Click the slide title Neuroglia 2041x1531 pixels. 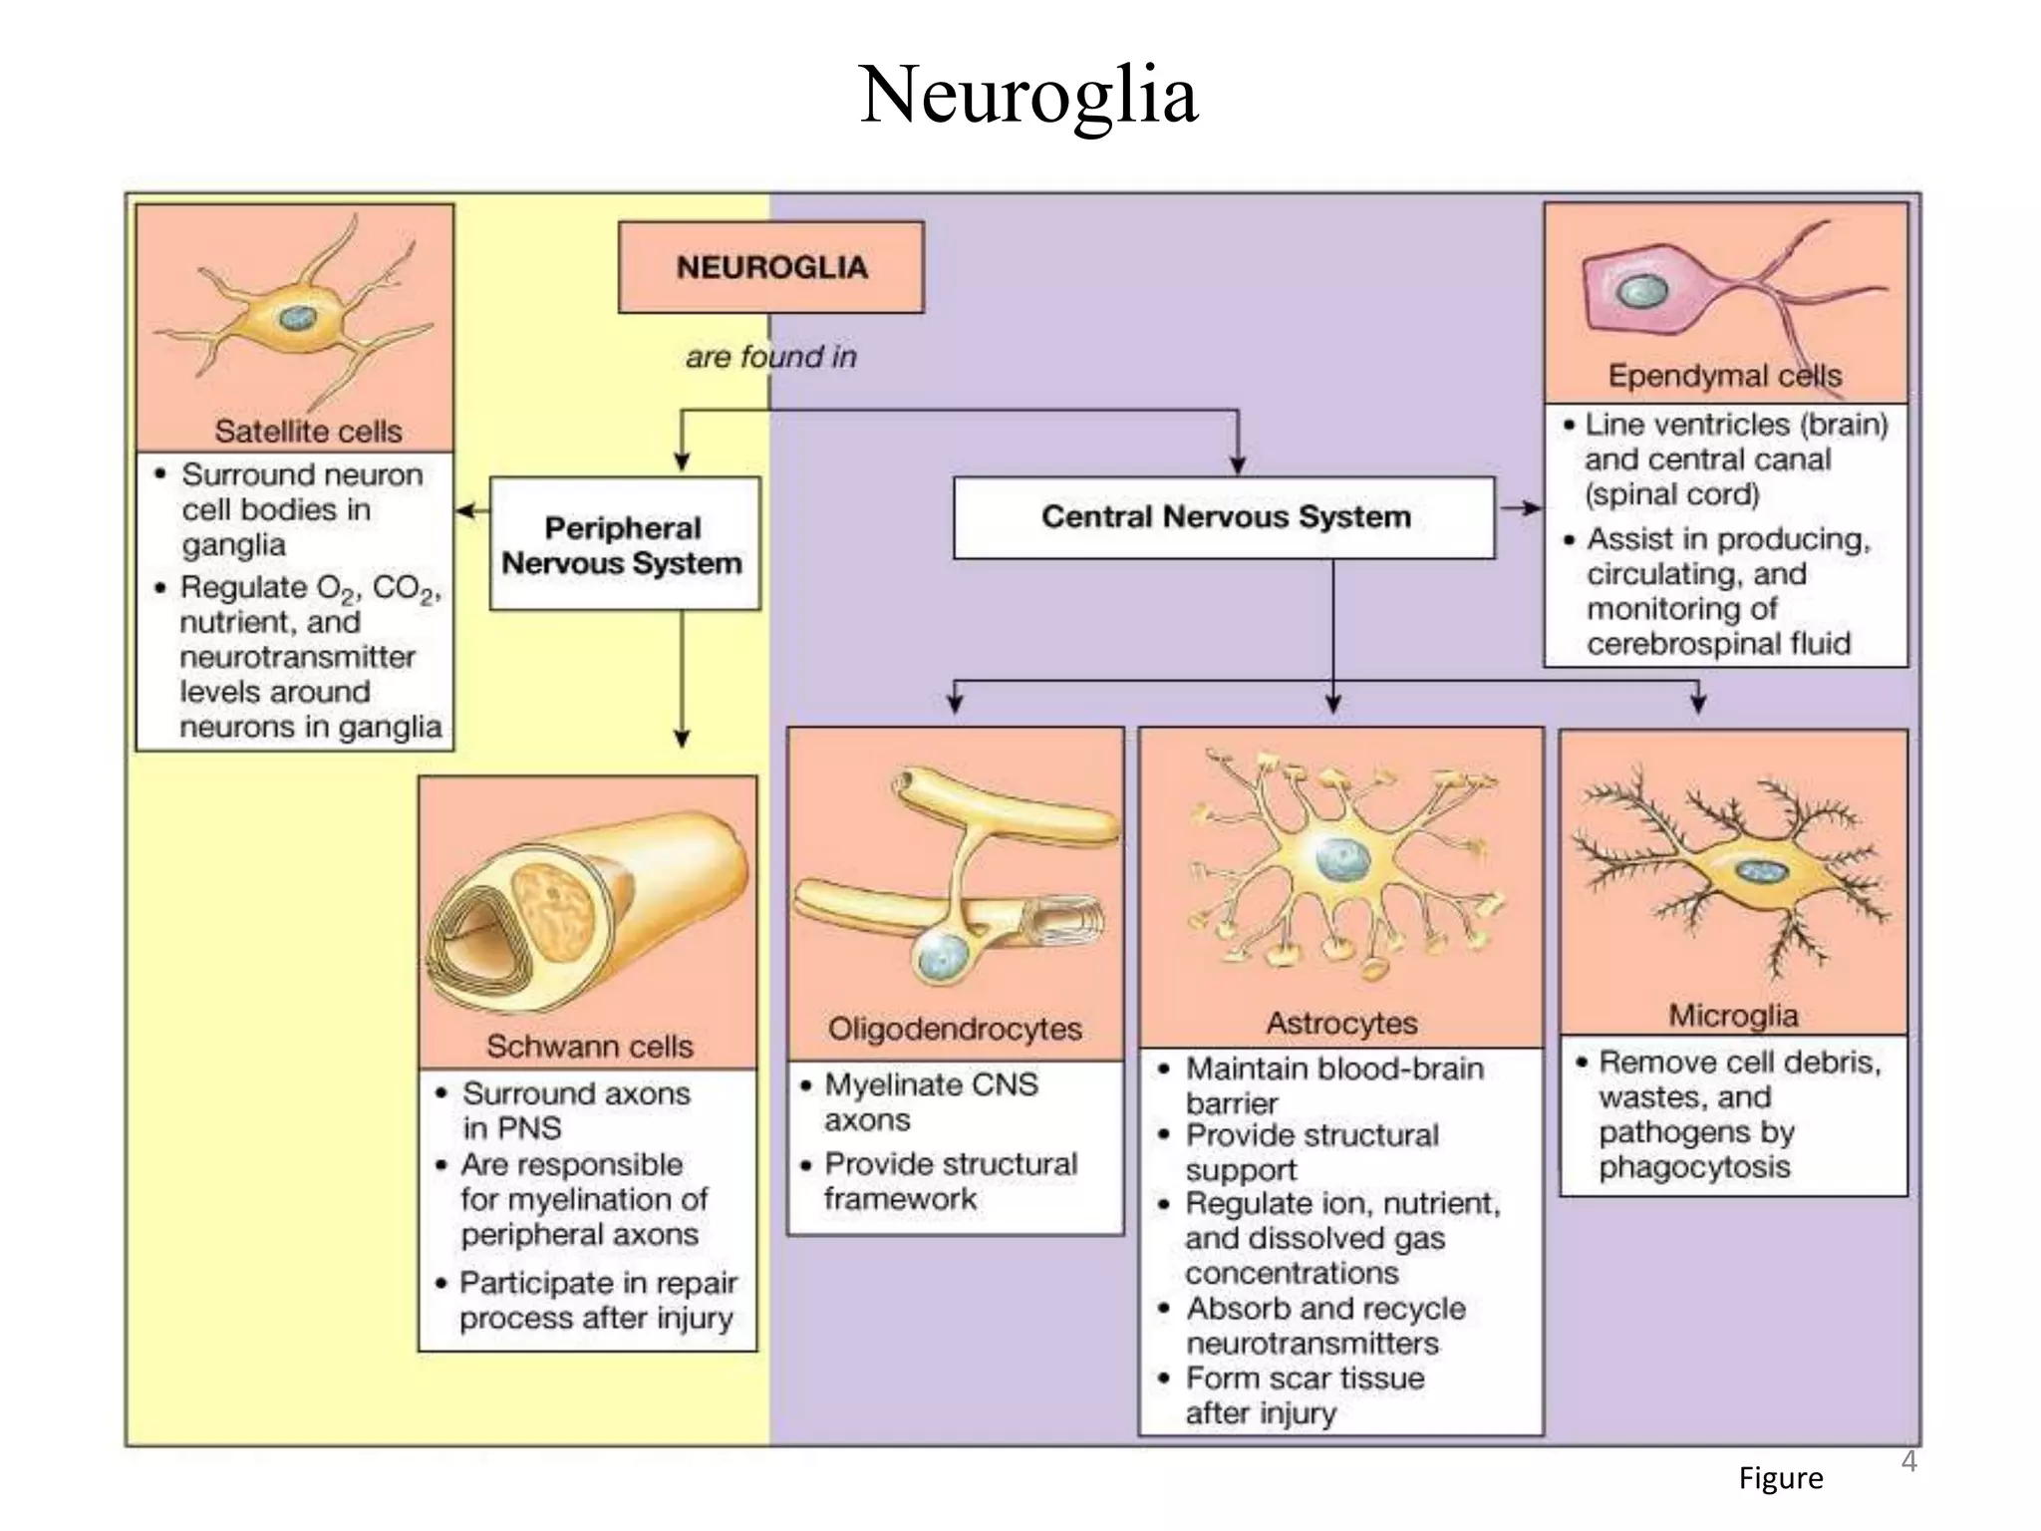(1028, 95)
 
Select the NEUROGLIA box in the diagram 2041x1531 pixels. (770, 267)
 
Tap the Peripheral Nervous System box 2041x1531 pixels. (624, 544)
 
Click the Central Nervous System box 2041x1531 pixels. (1225, 517)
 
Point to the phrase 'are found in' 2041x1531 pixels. (770, 357)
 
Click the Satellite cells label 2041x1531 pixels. (308, 432)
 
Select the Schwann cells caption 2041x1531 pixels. (589, 1046)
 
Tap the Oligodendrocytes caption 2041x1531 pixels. (954, 1029)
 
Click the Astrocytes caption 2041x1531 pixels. (1341, 1023)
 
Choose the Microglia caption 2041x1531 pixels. (1733, 1016)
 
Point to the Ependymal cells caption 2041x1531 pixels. (1724, 376)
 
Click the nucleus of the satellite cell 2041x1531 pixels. (296, 318)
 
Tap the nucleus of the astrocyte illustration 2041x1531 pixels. (1335, 858)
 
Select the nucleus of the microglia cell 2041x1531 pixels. (1762, 871)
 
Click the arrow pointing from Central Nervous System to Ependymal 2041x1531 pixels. (1520, 508)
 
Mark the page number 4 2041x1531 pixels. (1907, 1461)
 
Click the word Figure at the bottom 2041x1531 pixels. (1780, 1477)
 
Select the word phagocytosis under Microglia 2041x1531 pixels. (1694, 1167)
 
